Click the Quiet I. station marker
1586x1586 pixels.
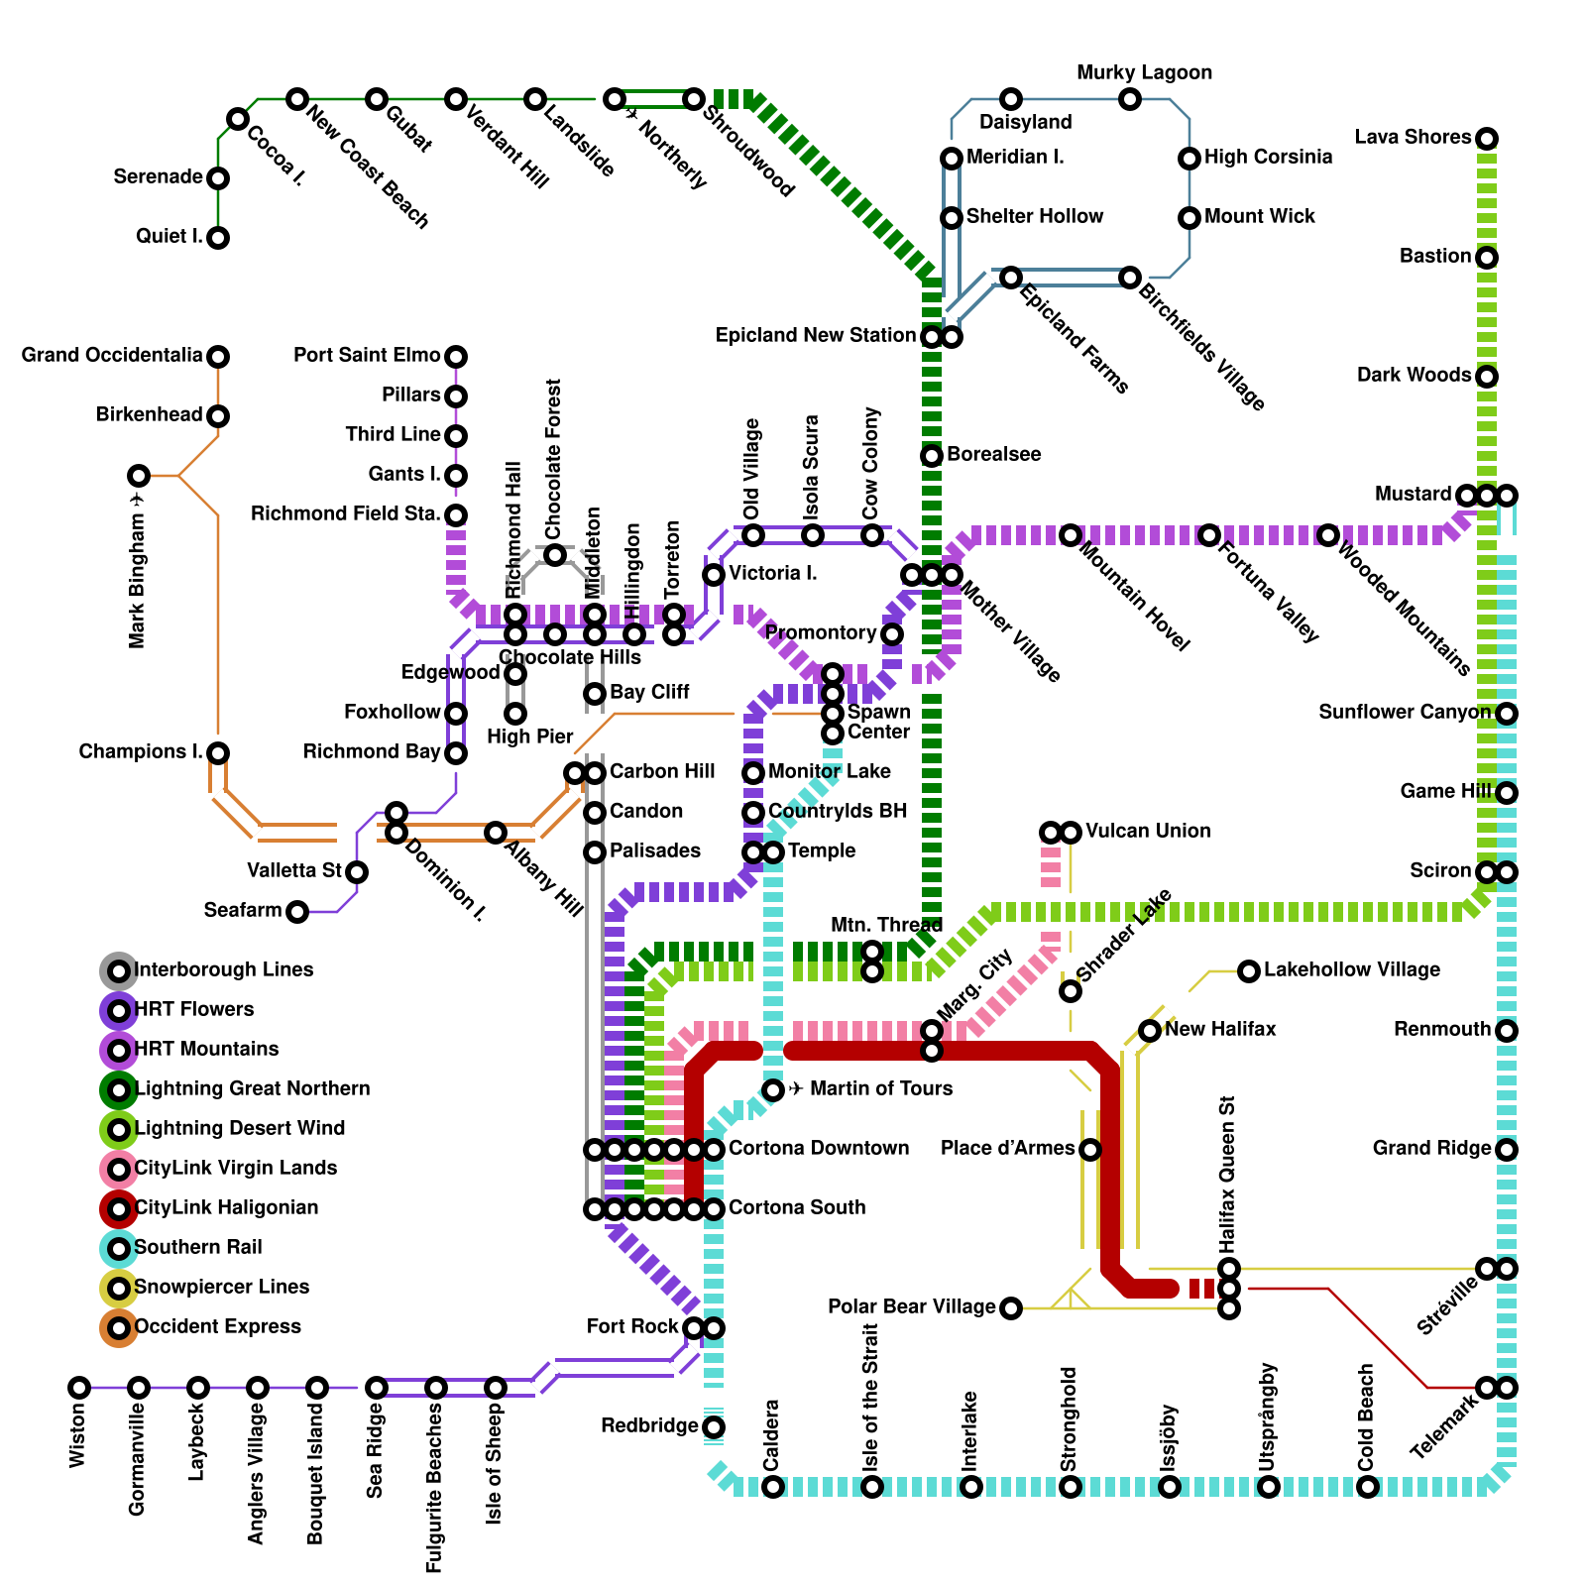tap(218, 238)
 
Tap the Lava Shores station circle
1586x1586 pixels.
tap(1486, 139)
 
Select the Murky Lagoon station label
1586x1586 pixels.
tap(1144, 73)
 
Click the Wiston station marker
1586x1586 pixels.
tap(79, 1388)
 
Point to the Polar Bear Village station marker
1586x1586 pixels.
tap(1010, 1308)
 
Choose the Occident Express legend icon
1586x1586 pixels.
tap(119, 1327)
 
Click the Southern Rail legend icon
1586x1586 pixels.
tap(119, 1248)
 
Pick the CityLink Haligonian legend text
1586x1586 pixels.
tap(226, 1207)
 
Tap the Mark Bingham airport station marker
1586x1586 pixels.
tap(139, 476)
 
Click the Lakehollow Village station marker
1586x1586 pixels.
tap(1249, 970)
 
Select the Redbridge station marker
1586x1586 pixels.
tap(714, 1427)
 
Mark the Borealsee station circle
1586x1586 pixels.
tap(932, 456)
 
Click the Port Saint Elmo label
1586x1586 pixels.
tap(367, 355)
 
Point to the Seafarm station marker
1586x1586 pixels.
tap(297, 912)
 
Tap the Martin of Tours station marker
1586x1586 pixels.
tap(773, 1090)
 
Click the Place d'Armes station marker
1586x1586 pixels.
tap(1089, 1150)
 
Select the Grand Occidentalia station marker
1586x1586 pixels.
tap(218, 357)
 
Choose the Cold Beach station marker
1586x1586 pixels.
tap(1367, 1487)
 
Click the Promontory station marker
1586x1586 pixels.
tap(892, 634)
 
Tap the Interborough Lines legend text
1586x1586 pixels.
tap(223, 969)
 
